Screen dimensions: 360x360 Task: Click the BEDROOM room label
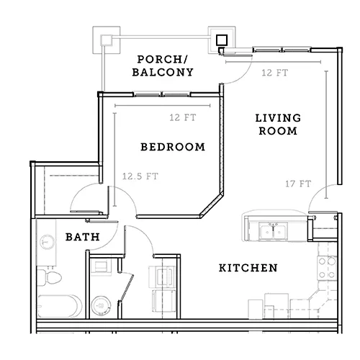point(173,147)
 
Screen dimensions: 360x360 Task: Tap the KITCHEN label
point(248,268)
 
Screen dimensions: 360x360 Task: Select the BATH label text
point(83,237)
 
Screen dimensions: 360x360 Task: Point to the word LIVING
point(278,118)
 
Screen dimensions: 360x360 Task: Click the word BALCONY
point(163,72)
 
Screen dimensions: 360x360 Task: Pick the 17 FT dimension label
point(298,184)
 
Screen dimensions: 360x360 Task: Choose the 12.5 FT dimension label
point(140,176)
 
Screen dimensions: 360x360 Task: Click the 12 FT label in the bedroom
point(183,117)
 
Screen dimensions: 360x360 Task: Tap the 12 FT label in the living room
point(274,73)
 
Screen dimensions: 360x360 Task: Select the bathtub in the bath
point(59,306)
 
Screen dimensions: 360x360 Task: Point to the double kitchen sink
point(273,231)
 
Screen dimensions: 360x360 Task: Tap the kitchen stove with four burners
point(327,268)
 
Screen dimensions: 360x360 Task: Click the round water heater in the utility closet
point(102,306)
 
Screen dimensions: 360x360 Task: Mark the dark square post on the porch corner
point(222,40)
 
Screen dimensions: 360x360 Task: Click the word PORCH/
point(163,59)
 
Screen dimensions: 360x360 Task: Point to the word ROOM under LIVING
point(278,131)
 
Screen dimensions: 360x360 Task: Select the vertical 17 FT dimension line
point(326,135)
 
